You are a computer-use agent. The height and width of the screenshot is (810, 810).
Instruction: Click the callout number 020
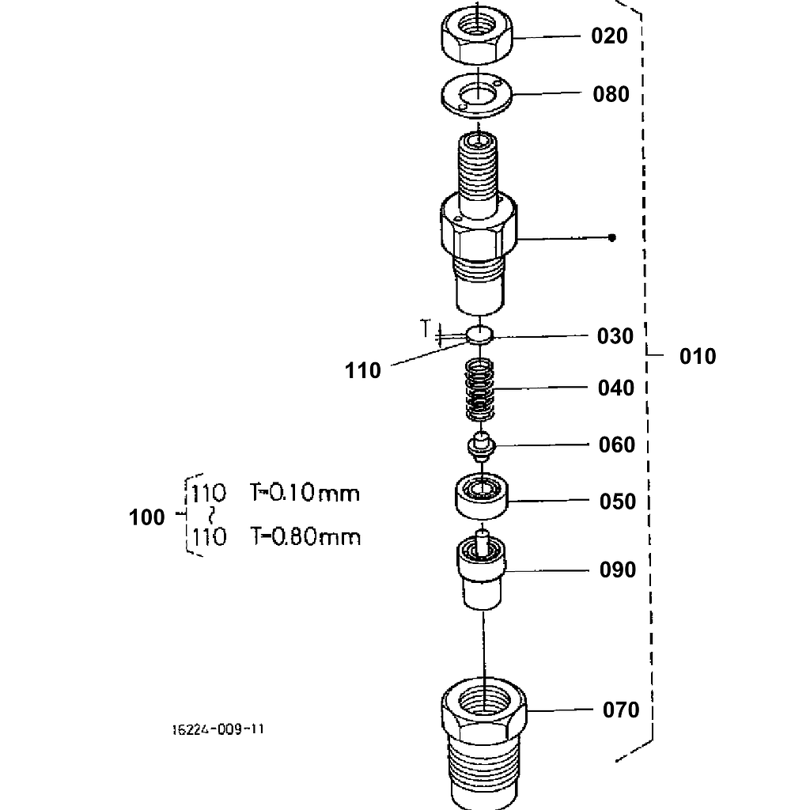(609, 36)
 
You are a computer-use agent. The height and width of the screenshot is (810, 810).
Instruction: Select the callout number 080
(611, 94)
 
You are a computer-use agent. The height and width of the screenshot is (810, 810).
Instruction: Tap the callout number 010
(698, 357)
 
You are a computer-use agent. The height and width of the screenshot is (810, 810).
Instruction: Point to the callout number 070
(620, 710)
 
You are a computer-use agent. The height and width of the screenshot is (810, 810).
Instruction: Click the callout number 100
(147, 518)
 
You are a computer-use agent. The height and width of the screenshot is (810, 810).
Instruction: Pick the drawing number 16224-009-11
(218, 729)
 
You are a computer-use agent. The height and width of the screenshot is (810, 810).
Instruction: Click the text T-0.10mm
(305, 494)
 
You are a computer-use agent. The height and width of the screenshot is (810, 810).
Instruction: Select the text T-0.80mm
(305, 538)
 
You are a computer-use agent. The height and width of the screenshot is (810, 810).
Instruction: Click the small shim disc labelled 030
(479, 335)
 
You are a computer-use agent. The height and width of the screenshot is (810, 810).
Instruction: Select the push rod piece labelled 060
(480, 446)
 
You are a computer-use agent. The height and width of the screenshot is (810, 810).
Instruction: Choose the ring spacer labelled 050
(481, 498)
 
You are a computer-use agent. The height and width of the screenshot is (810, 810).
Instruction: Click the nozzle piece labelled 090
(481, 571)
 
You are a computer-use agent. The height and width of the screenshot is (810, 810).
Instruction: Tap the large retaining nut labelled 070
(483, 736)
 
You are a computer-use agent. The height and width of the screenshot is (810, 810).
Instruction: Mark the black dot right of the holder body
(611, 237)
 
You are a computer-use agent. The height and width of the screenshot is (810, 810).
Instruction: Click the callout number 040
(616, 388)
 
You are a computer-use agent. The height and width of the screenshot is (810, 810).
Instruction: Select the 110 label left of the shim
(363, 370)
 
